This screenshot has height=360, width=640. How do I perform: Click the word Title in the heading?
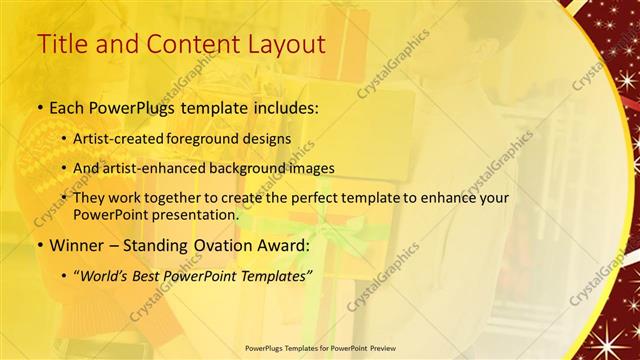point(61,45)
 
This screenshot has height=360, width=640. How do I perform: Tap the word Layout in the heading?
point(282,45)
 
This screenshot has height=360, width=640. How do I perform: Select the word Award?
point(288,245)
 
